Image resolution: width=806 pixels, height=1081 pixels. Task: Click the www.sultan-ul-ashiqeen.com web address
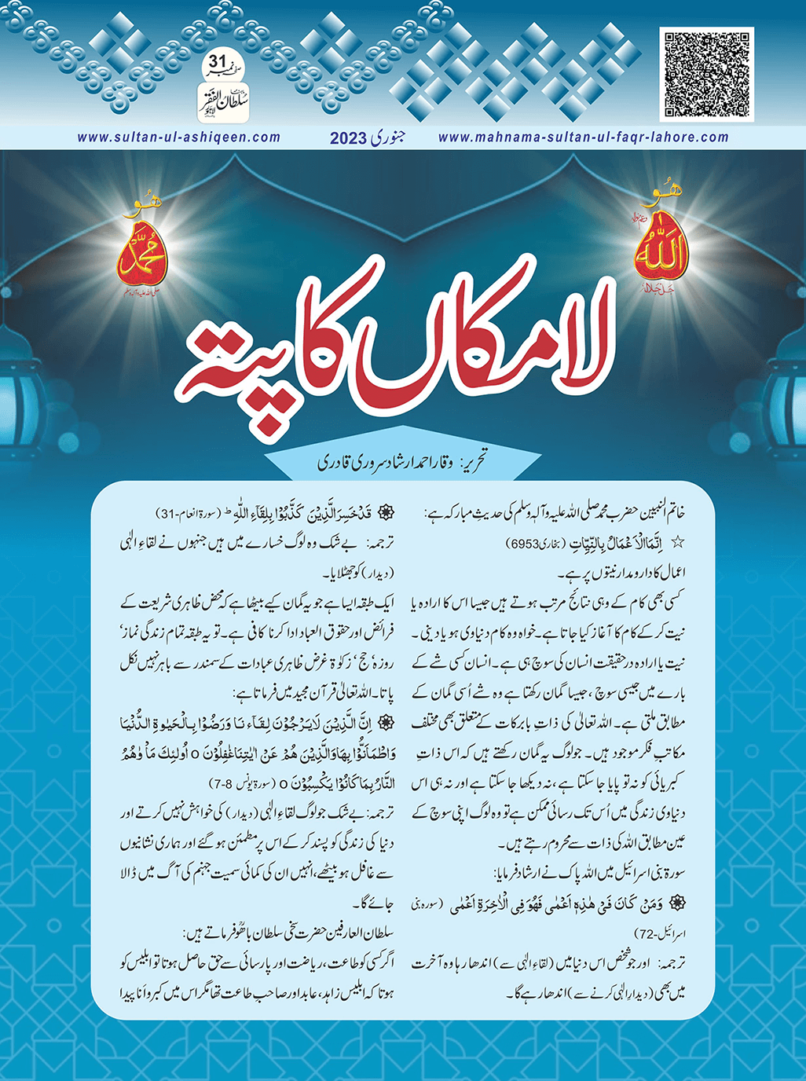[179, 137]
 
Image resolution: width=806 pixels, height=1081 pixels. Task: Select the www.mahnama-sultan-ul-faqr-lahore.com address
[583, 137]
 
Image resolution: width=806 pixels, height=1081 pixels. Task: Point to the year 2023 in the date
[349, 138]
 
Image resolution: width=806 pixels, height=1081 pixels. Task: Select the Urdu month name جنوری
[387, 137]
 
